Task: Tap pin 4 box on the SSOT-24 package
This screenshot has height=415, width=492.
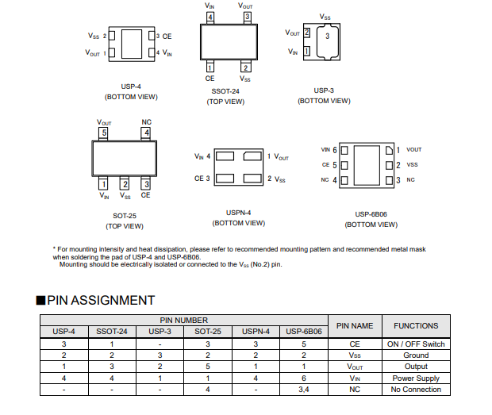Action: [x=209, y=17]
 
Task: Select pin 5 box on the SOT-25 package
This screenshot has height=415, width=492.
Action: [x=104, y=133]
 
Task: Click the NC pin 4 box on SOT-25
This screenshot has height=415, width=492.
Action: [x=146, y=133]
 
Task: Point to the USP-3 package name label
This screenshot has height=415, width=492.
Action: [x=324, y=90]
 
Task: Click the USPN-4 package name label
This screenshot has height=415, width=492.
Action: [x=239, y=213]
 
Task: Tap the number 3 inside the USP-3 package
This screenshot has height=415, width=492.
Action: [x=327, y=37]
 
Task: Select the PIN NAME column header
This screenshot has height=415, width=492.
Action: [x=355, y=325]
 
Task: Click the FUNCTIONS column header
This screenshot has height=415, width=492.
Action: [x=416, y=325]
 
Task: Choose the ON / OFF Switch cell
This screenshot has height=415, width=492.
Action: [x=416, y=344]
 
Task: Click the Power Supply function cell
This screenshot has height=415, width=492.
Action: [x=416, y=378]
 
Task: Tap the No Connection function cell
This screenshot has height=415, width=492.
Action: [x=416, y=390]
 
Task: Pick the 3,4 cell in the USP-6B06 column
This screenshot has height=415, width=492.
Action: [x=304, y=390]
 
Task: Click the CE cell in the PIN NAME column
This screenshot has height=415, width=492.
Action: [x=355, y=344]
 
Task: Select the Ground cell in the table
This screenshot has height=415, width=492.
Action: [x=416, y=355]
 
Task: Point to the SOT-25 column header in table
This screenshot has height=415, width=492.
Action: [x=208, y=331]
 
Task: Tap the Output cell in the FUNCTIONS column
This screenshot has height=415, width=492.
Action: [x=416, y=367]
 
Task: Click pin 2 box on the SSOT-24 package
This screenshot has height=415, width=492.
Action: [x=246, y=67]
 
